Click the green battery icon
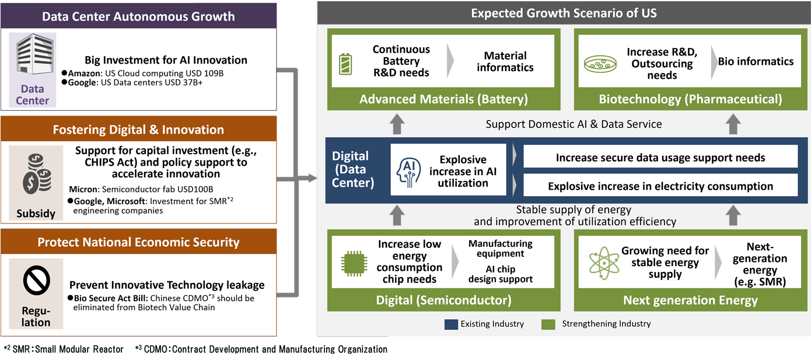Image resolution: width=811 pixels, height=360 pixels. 345,65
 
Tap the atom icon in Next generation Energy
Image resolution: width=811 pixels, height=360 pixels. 600,264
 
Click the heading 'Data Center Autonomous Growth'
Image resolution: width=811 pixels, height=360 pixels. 138,16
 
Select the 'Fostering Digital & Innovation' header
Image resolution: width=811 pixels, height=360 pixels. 138,130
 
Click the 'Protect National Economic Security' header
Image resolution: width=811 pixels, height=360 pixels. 138,242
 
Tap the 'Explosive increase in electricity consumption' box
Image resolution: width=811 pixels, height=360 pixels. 660,186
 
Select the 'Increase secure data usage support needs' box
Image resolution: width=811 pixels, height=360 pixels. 660,157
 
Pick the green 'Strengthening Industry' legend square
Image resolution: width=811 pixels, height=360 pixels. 548,324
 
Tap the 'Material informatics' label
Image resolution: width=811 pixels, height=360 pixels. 505,61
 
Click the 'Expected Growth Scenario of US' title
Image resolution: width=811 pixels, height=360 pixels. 563,12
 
